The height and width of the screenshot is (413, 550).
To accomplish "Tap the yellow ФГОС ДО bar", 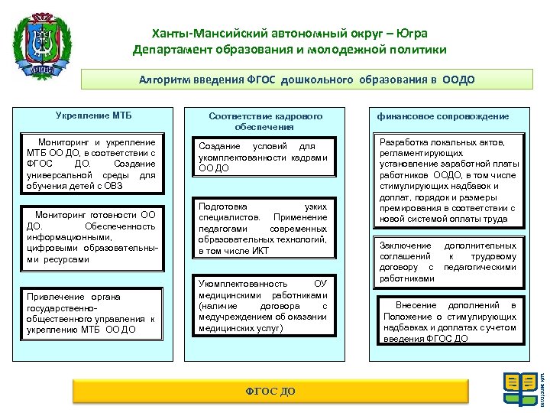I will pyautogui.click(x=270, y=391).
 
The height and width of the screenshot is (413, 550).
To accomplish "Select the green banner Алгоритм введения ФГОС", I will pyautogui.click(x=306, y=80).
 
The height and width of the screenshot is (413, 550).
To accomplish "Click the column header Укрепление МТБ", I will pyautogui.click(x=93, y=115).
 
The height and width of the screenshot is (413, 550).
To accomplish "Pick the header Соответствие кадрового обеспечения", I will pyautogui.click(x=265, y=121).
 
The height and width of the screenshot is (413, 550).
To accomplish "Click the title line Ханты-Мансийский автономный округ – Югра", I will pyautogui.click(x=290, y=34).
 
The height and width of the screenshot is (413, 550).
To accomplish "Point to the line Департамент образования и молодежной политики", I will pyautogui.click(x=290, y=50).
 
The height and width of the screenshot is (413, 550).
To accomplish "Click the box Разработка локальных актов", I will pyautogui.click(x=448, y=179).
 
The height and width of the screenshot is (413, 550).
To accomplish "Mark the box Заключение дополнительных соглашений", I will pyautogui.click(x=448, y=262).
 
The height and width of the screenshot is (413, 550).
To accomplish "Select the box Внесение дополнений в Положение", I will pyautogui.click(x=450, y=321).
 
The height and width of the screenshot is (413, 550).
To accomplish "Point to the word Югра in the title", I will pyautogui.click(x=412, y=34).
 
